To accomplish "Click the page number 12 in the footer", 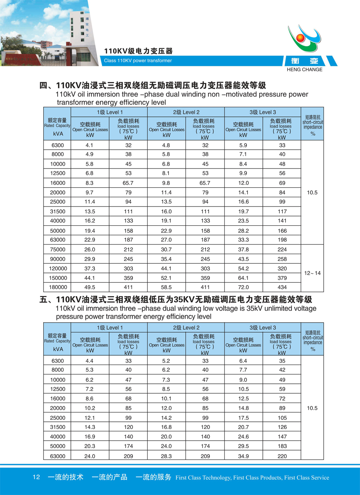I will (36, 477).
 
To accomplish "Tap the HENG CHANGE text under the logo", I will (304, 69).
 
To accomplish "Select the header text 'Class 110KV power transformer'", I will (138, 61).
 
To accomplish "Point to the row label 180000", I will (57, 287).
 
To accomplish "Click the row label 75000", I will (57, 249).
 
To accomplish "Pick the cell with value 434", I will (282, 287).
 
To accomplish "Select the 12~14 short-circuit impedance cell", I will (312, 273).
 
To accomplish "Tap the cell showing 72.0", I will (243, 287).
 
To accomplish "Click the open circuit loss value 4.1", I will (90, 145).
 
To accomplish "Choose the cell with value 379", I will (282, 278).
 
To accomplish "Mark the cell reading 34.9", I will (243, 456).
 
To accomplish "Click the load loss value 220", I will (282, 456).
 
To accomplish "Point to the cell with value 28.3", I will (166, 456).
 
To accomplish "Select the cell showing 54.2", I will (243, 268).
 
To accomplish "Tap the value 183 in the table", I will (282, 446).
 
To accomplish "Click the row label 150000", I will (57, 278).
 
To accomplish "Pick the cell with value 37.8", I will (243, 249).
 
